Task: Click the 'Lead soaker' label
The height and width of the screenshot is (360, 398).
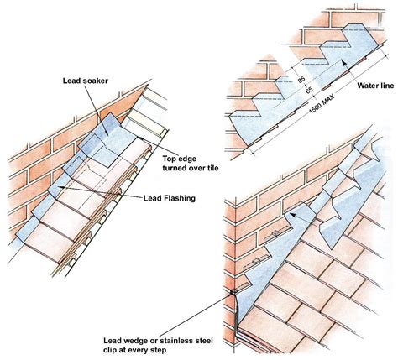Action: tap(86, 81)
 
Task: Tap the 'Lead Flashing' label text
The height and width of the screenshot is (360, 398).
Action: tap(170, 198)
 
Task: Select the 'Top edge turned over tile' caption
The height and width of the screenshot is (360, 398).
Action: tap(191, 164)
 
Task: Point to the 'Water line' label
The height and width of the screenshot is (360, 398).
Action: tap(375, 86)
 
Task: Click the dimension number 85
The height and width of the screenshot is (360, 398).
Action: tap(301, 80)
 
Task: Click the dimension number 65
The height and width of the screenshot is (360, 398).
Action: tap(309, 90)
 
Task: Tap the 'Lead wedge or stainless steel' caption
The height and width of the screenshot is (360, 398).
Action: tap(158, 341)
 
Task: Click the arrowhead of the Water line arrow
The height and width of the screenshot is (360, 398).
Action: tap(344, 62)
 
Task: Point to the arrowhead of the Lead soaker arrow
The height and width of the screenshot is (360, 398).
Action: tap(107, 134)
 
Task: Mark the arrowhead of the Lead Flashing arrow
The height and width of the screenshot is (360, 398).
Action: tap(60, 187)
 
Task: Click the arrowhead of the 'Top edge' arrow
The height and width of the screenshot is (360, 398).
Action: tap(139, 138)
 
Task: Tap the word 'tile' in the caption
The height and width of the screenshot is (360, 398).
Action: tap(213, 168)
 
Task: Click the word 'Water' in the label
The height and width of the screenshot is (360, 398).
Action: tap(367, 86)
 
